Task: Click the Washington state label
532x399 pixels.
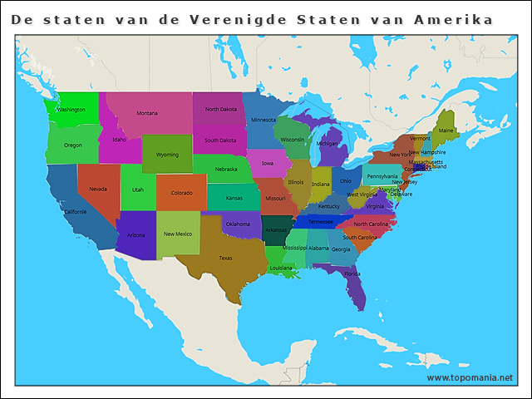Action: (x=71, y=110)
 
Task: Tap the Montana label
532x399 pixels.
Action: (x=147, y=113)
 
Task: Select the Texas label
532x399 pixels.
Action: (x=225, y=258)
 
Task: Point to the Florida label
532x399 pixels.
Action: (x=352, y=273)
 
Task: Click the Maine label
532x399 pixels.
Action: (x=446, y=131)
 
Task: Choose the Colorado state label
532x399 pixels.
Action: (x=182, y=193)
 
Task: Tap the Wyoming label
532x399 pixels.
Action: (x=167, y=155)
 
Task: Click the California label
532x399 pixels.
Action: (x=75, y=212)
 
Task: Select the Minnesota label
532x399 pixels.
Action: (x=264, y=120)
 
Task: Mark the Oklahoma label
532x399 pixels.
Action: (x=238, y=224)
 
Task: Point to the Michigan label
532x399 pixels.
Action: (x=328, y=143)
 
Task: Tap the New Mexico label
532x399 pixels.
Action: (x=178, y=234)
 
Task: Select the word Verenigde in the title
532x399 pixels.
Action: (x=239, y=19)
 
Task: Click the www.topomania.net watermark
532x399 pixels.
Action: (x=470, y=377)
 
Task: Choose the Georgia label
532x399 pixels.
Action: (x=340, y=249)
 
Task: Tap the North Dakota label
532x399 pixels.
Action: (x=221, y=110)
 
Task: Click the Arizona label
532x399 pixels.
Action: (x=135, y=235)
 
